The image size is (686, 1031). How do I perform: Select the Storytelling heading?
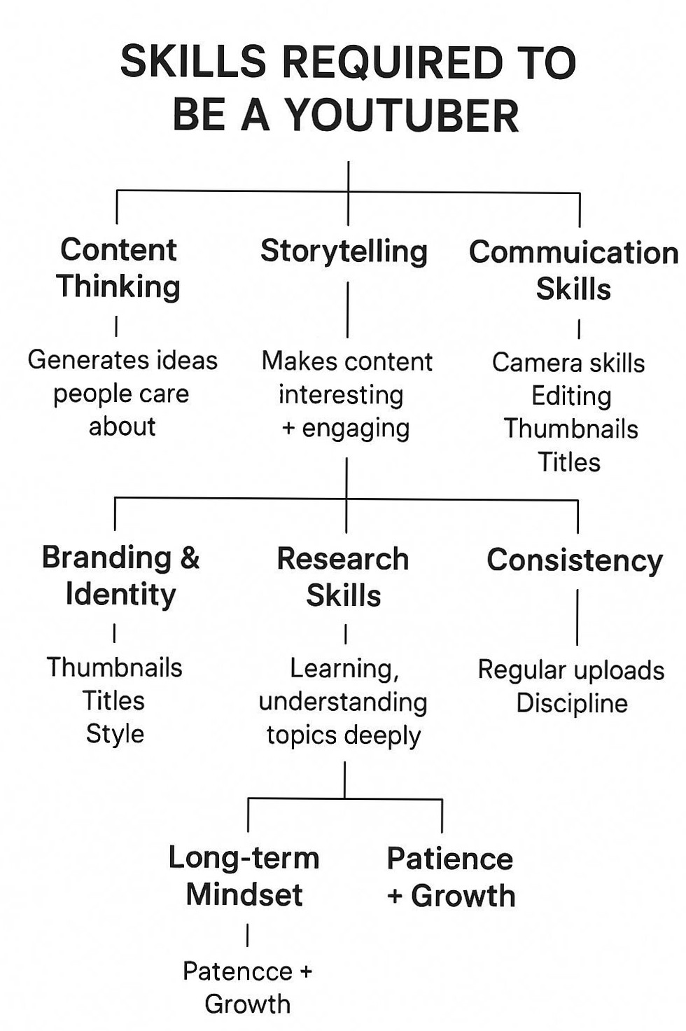(344, 251)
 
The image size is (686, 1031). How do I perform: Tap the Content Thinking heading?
(118, 268)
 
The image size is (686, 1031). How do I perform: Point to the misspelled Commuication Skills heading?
(573, 270)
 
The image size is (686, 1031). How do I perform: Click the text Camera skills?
(568, 363)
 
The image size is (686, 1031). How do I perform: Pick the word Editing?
(571, 396)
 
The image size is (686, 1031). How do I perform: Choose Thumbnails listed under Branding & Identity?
(114, 667)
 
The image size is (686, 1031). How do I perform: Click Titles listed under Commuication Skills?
(569, 462)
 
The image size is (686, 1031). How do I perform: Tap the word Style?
(115, 733)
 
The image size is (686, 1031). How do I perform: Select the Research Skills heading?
(343, 577)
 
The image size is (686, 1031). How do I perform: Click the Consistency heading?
(575, 560)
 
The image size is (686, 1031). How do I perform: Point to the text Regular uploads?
(571, 670)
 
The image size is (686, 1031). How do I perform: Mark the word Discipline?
(572, 703)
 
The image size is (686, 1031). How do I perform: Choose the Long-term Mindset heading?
(244, 876)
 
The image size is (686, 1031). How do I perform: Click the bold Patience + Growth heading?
(451, 877)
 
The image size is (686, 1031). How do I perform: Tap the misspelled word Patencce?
(227, 971)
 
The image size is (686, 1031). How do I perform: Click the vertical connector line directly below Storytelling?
(348, 310)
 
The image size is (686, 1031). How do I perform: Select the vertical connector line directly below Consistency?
(577, 616)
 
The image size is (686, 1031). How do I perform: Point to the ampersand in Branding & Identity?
(190, 558)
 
